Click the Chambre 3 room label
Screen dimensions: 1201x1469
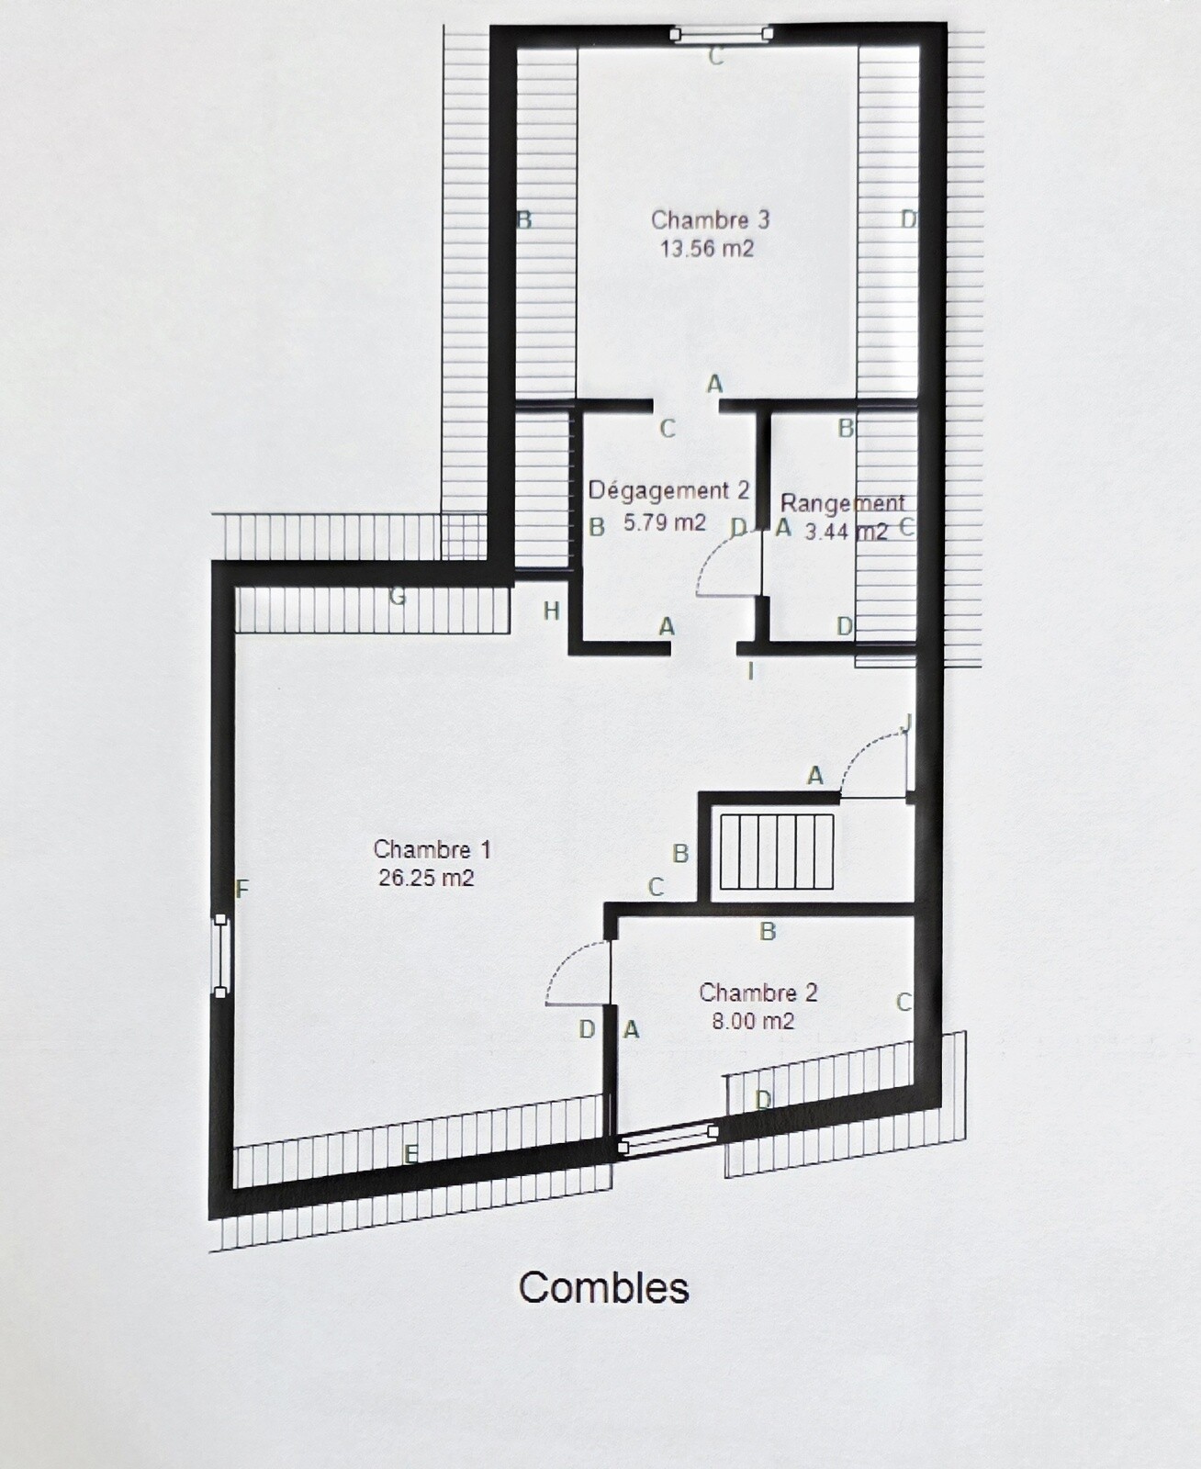point(710,220)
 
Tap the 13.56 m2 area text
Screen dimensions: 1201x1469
point(706,249)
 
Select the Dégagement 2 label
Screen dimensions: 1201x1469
point(668,491)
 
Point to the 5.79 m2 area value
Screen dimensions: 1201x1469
point(664,521)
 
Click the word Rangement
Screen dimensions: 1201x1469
point(842,503)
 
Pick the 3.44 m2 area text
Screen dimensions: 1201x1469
point(847,533)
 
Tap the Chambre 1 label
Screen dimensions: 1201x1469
point(432,849)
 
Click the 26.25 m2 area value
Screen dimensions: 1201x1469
point(426,878)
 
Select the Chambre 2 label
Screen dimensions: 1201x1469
point(758,992)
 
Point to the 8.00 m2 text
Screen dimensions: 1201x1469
point(752,1021)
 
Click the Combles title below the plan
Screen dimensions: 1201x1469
point(603,1287)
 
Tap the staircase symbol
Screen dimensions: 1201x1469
point(777,851)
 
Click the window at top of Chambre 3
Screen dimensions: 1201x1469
point(721,33)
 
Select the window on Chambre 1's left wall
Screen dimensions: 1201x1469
point(220,956)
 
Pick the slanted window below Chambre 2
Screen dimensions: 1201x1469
point(668,1140)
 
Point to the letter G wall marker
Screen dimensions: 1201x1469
point(397,597)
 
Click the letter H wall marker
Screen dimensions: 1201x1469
point(552,611)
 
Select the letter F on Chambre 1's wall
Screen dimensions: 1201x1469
point(241,889)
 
